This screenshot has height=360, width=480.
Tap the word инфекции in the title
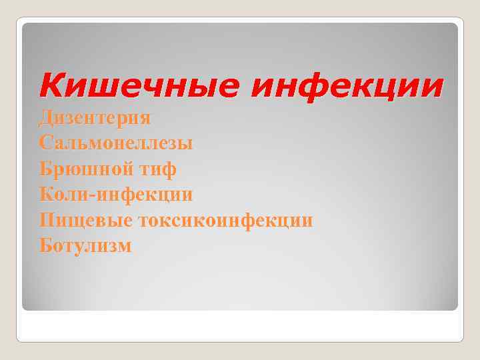[347, 87]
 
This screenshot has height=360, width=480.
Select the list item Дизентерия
[95, 118]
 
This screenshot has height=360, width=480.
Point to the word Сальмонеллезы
[116, 143]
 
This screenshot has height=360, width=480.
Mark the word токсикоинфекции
[225, 221]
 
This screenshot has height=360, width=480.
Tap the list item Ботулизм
[85, 246]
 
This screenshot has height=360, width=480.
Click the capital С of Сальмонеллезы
[45, 143]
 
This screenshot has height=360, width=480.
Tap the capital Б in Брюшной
[46, 169]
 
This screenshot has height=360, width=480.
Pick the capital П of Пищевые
[47, 221]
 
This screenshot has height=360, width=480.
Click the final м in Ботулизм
[124, 247]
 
